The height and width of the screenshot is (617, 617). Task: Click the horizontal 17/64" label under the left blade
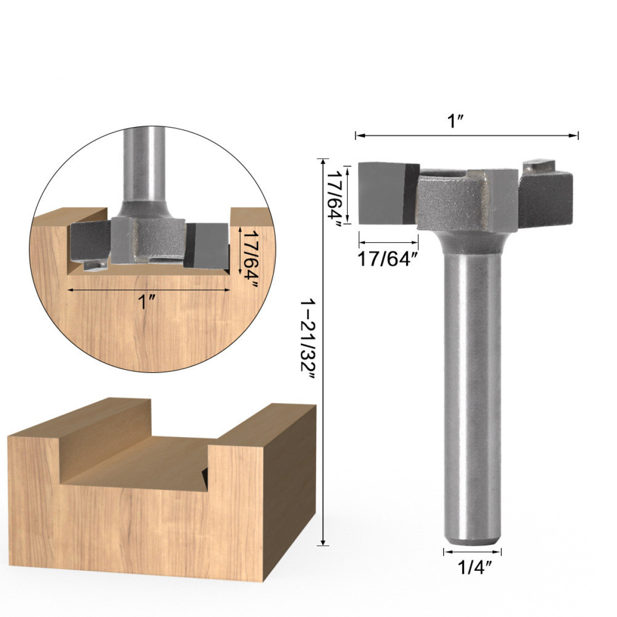coord(388,259)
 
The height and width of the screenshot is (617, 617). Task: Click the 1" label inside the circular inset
coord(147,302)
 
